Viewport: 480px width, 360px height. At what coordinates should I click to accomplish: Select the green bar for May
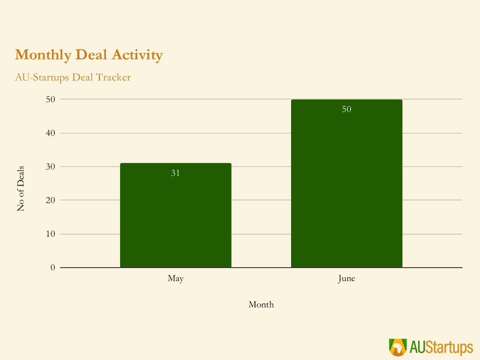pyautogui.click(x=176, y=216)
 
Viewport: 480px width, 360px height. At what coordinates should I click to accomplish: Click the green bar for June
pyautogui.click(x=346, y=187)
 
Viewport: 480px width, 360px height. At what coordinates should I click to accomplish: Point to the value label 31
pyautogui.click(x=175, y=173)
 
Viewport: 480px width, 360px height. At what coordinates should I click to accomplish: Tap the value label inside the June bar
pyautogui.click(x=346, y=109)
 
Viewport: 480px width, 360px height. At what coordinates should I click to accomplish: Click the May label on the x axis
pyautogui.click(x=176, y=278)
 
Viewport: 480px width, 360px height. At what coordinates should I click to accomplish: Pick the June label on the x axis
pyautogui.click(x=346, y=278)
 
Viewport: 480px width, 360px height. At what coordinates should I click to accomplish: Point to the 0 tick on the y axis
pyautogui.click(x=52, y=268)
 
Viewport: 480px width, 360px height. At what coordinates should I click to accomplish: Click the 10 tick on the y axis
pyautogui.click(x=50, y=234)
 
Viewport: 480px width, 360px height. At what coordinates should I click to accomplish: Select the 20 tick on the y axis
pyautogui.click(x=50, y=200)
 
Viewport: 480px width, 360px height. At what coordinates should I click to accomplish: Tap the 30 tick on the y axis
pyautogui.click(x=50, y=166)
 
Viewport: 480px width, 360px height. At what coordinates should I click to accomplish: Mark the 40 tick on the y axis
pyautogui.click(x=50, y=133)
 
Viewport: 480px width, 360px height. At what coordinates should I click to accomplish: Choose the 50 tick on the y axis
pyautogui.click(x=50, y=99)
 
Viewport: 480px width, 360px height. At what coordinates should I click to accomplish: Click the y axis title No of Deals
pyautogui.click(x=21, y=188)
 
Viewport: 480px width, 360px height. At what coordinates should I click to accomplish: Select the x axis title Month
pyautogui.click(x=261, y=305)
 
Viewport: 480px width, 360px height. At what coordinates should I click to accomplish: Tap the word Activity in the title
pyautogui.click(x=137, y=55)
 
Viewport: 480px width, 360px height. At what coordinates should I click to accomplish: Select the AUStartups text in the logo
pyautogui.click(x=441, y=347)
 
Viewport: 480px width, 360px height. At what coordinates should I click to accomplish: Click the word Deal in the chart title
pyautogui.click(x=92, y=55)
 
